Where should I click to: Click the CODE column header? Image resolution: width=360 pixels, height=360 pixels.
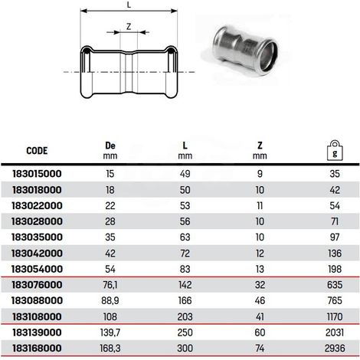click(37, 151)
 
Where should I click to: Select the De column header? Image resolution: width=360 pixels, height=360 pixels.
click(110, 150)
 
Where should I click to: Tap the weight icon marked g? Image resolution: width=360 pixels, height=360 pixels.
click(335, 150)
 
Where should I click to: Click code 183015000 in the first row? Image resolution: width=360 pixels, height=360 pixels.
click(37, 174)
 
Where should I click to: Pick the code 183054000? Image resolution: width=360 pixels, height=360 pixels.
click(37, 269)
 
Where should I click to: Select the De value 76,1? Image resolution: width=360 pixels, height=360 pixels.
click(110, 285)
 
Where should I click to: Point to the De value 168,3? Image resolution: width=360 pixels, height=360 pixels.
click(110, 349)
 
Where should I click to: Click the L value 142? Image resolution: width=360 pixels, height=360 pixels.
click(185, 285)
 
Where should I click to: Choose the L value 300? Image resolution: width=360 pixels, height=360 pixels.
click(185, 349)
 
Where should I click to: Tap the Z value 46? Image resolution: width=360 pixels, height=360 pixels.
click(260, 301)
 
